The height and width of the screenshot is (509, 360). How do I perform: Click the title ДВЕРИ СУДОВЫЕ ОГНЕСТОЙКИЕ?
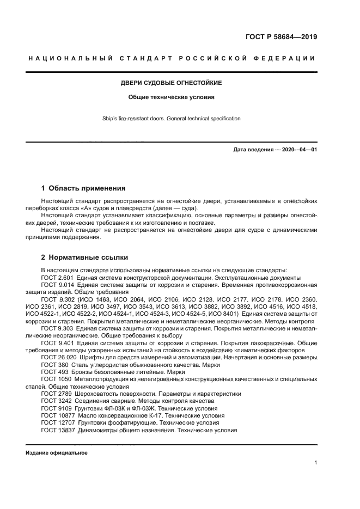click(x=170, y=83)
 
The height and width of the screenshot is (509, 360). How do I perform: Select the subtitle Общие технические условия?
click(x=171, y=98)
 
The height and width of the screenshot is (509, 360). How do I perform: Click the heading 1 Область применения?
click(x=83, y=188)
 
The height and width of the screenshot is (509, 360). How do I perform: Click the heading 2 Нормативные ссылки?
click(x=85, y=257)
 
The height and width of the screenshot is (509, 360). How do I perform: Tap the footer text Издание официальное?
click(x=56, y=452)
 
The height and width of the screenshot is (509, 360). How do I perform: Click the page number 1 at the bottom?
click(x=316, y=463)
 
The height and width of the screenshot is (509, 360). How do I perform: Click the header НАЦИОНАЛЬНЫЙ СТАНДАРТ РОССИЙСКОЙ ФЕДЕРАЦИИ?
click(x=171, y=58)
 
